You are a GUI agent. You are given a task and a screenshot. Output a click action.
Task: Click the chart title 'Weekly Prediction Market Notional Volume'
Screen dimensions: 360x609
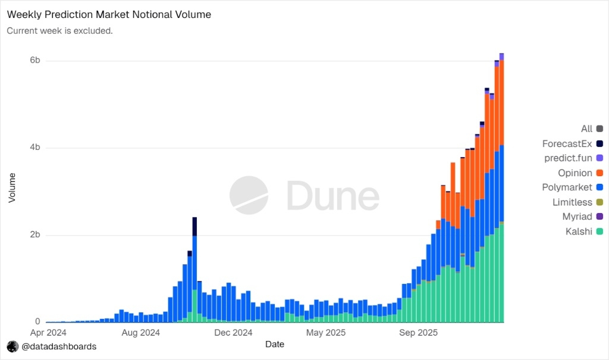click(x=109, y=14)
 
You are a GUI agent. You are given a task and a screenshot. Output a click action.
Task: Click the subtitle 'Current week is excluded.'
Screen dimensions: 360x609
click(x=59, y=30)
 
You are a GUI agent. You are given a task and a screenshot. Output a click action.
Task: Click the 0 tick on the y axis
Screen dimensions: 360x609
click(x=37, y=321)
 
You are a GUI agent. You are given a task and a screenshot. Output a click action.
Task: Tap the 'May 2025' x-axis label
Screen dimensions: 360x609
click(x=325, y=333)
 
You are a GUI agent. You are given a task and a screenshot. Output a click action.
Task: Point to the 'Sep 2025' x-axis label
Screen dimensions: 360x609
click(x=418, y=333)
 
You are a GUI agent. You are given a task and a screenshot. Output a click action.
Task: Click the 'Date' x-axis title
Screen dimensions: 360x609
click(x=275, y=344)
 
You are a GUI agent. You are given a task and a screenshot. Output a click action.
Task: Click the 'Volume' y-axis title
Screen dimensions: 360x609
click(x=12, y=187)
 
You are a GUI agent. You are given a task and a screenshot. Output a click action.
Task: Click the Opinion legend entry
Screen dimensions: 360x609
click(x=575, y=173)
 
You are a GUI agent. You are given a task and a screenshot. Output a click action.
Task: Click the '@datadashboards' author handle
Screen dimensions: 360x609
click(x=58, y=346)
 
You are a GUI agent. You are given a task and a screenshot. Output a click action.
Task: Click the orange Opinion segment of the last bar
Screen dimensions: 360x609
click(x=502, y=101)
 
